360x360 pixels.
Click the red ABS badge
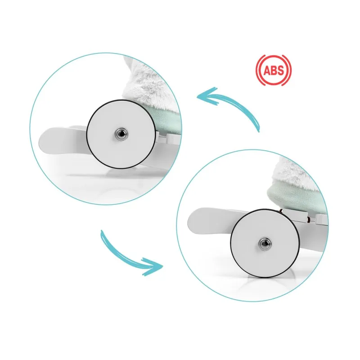(x=274, y=70)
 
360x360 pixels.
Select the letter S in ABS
(x=280, y=70)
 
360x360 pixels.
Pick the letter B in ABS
(x=274, y=70)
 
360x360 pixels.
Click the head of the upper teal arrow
(x=205, y=96)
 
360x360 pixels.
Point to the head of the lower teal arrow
(x=154, y=267)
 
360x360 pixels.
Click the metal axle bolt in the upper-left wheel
(x=121, y=134)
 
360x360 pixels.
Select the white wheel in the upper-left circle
(x=121, y=134)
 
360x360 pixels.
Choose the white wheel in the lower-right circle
(x=265, y=243)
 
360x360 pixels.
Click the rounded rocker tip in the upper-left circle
(x=46, y=140)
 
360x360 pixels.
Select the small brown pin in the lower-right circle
(x=309, y=221)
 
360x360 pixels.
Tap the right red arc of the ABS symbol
(x=289, y=70)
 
